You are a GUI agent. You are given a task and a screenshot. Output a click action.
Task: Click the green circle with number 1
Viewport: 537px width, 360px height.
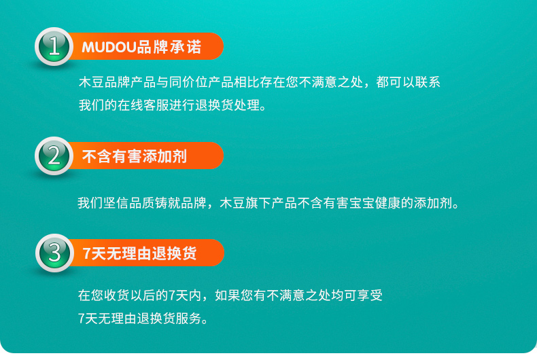(x=54, y=47)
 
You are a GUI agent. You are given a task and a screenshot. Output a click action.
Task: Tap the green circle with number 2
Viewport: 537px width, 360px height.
(x=54, y=156)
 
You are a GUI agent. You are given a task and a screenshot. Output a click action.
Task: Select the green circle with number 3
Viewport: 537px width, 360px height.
(x=55, y=253)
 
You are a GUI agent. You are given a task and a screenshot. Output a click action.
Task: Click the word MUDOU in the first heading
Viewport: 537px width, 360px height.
(x=109, y=48)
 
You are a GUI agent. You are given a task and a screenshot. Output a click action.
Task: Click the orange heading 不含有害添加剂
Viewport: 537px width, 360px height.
(x=135, y=156)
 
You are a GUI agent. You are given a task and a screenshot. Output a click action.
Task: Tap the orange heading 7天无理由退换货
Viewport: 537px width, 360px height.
(x=140, y=253)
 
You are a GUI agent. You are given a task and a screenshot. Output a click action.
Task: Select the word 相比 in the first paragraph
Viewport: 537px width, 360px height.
(x=247, y=82)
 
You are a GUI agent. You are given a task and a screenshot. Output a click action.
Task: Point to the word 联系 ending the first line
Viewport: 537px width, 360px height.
(x=428, y=82)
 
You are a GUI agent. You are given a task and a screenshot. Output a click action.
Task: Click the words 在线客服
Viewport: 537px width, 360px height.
(x=143, y=105)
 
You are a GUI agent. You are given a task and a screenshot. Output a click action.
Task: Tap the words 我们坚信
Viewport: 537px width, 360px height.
(x=103, y=203)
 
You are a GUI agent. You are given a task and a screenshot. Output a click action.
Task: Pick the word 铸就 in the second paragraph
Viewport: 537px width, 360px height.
(x=168, y=203)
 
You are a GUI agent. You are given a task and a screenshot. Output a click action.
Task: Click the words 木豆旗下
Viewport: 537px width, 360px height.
(x=245, y=203)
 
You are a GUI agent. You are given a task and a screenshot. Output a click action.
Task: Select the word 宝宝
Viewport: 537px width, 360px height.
(x=362, y=203)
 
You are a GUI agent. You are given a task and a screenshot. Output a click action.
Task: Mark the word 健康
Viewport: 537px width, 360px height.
(x=387, y=203)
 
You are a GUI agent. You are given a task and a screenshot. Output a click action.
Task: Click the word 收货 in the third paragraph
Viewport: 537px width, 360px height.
(x=117, y=295)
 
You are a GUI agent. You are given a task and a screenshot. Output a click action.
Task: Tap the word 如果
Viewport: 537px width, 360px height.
(x=228, y=295)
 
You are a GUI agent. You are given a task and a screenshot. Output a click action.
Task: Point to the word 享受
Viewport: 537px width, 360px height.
(x=370, y=295)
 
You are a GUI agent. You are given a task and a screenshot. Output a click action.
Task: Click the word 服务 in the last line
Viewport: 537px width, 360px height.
(x=189, y=319)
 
